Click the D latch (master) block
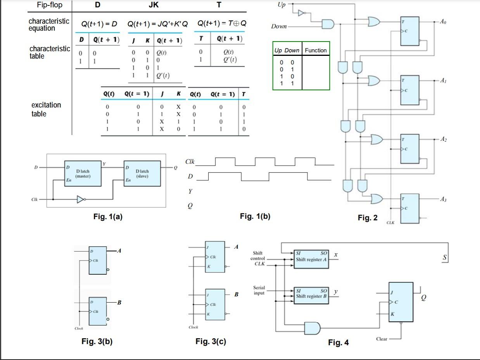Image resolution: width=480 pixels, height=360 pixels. pos(83,173)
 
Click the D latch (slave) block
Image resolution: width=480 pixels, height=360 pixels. pos(142,173)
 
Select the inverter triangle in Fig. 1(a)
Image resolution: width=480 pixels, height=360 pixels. pos(81,199)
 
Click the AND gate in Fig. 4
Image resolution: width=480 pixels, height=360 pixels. pos(312,329)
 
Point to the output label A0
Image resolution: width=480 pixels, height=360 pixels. pos(443,22)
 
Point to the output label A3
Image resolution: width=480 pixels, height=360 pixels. pos(443,199)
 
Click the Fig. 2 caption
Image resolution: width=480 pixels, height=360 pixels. pos(367,218)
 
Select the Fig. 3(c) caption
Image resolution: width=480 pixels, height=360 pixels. pos(211,341)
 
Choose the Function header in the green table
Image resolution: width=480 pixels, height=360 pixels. pos(316,50)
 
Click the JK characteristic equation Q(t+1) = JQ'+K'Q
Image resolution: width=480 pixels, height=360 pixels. pos(157,24)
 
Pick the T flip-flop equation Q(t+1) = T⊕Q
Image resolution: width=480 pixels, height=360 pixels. pos(222,23)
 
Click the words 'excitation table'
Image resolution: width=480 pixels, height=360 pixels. pos(46,109)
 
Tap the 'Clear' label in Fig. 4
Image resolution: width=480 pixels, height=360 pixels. pos(382,339)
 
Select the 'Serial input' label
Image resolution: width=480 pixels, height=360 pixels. pos(259,290)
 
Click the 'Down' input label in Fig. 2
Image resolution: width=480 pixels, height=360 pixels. pos(279,26)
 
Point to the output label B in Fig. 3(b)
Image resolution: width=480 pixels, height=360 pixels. pos(119,302)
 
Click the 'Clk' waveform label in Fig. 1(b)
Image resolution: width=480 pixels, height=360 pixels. pos(190,161)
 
